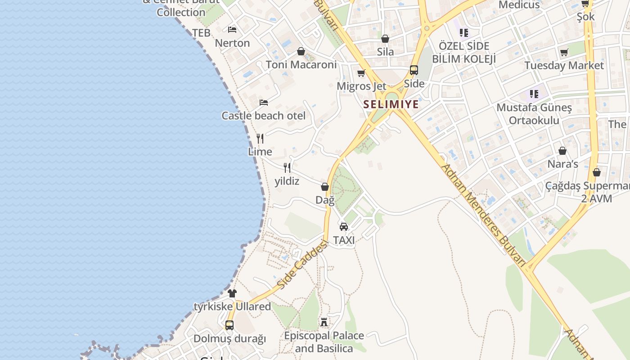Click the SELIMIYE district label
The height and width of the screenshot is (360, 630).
pyautogui.click(x=391, y=104)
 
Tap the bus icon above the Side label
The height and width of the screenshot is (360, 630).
pyautogui.click(x=414, y=70)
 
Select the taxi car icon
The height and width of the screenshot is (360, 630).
pyautogui.click(x=344, y=226)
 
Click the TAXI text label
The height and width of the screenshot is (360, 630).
pyautogui.click(x=344, y=240)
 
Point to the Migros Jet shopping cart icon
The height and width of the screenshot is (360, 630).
pyautogui.click(x=361, y=73)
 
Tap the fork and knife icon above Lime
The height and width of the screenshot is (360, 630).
pyautogui.click(x=260, y=138)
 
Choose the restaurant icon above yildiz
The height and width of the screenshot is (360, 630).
pyautogui.click(x=287, y=168)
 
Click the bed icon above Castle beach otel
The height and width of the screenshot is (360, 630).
pyautogui.click(x=264, y=103)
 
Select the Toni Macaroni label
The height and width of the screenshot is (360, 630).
pyautogui.click(x=301, y=65)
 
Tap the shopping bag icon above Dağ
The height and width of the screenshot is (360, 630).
pyautogui.click(x=325, y=187)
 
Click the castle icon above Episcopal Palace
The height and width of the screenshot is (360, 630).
pyautogui.click(x=324, y=322)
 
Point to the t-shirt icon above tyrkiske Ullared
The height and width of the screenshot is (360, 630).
pyautogui.click(x=232, y=293)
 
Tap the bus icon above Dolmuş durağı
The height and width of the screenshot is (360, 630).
pyautogui.click(x=229, y=325)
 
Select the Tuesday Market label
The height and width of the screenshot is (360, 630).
pyautogui.click(x=564, y=66)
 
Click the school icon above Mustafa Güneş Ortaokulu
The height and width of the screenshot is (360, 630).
pyautogui.click(x=534, y=94)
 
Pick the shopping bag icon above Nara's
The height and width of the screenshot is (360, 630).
pyautogui.click(x=562, y=151)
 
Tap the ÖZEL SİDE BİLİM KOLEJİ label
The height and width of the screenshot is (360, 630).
pyautogui.click(x=464, y=52)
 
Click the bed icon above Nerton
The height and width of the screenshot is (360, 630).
pyautogui.click(x=232, y=30)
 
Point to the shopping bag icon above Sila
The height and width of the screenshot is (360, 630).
pyautogui.click(x=385, y=39)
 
